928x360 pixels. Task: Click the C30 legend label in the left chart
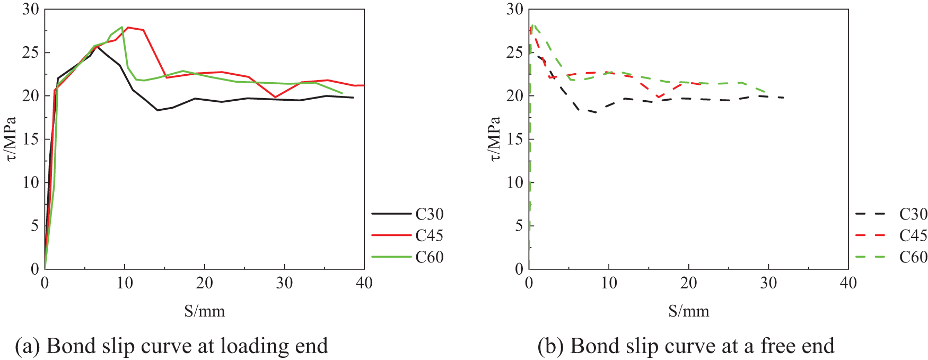click(x=429, y=214)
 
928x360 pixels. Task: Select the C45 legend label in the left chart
click(x=429, y=235)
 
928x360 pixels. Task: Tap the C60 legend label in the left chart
click(x=429, y=257)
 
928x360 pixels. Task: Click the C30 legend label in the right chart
click(x=913, y=214)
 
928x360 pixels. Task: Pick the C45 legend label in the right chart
click(x=913, y=235)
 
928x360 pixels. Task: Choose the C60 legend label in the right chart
click(x=913, y=257)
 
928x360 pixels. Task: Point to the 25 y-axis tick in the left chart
click(x=31, y=52)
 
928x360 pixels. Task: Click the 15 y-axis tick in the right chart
click(x=515, y=139)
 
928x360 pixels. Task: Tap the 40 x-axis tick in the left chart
click(x=364, y=283)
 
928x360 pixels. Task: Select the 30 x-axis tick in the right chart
click(x=768, y=283)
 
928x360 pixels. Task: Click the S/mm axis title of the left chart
click(x=205, y=311)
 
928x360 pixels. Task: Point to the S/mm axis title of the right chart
click(x=689, y=311)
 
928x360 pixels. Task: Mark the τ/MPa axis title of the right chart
click(x=494, y=139)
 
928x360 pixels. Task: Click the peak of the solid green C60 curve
click(x=122, y=27)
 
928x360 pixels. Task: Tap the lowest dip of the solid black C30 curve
click(x=157, y=110)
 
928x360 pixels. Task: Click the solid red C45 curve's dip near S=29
click(x=275, y=97)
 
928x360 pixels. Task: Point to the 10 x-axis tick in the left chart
click(x=125, y=283)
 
